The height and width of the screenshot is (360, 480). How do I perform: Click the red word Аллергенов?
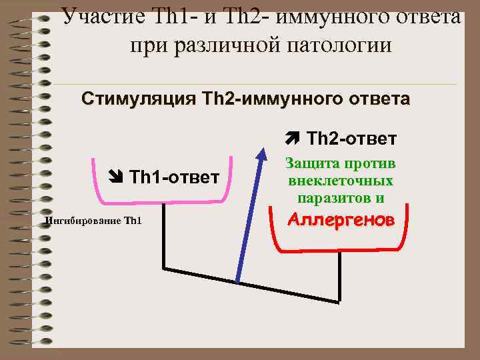click(341, 220)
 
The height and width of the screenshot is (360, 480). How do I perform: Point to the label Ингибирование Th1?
click(93, 221)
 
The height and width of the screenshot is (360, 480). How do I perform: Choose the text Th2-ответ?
click(351, 139)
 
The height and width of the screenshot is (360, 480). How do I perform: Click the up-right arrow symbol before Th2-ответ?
click(292, 139)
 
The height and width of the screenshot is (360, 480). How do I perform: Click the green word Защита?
click(312, 163)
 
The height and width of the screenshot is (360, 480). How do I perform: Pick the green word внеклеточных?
click(340, 181)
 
